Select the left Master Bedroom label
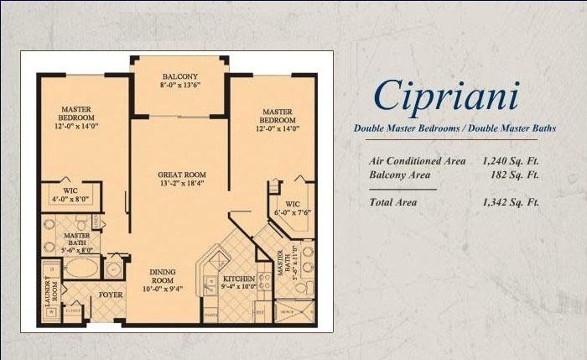click(81, 113)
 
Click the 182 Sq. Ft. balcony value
click(515, 175)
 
